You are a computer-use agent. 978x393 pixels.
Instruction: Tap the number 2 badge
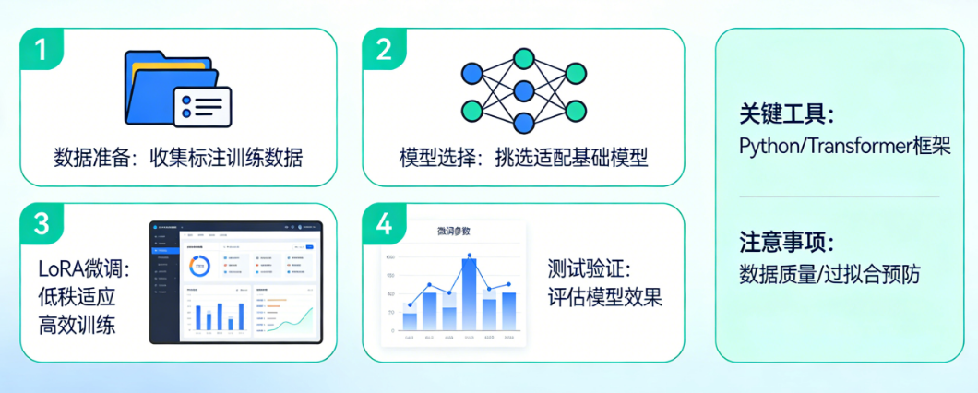[383, 49]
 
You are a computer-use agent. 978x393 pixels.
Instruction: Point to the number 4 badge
[383, 223]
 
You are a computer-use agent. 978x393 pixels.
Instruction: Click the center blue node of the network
[523, 90]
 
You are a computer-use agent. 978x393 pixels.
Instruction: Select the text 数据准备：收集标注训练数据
[178, 157]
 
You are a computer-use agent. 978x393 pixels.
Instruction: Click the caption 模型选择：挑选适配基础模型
[523, 157]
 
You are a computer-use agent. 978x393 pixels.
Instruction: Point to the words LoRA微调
[84, 269]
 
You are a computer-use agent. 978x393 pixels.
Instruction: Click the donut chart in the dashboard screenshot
[197, 266]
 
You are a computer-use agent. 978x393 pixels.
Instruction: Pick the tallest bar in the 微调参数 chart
[470, 293]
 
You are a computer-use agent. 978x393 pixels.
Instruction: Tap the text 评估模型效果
[604, 298]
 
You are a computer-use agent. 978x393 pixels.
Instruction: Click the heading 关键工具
[786, 114]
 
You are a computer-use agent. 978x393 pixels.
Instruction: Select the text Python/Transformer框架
[844, 146]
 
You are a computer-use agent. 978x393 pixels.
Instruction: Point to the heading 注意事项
[786, 243]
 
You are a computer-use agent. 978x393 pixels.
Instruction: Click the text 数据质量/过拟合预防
[829, 274]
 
